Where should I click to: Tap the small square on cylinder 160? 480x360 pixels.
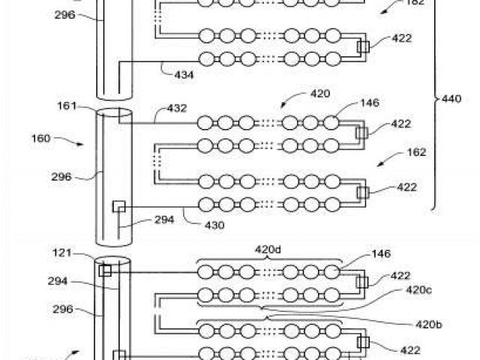[x=118, y=205]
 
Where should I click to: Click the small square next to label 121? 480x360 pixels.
[x=106, y=270]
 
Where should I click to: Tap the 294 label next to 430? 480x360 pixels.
[x=163, y=220]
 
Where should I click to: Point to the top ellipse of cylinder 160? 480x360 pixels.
[x=114, y=113]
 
